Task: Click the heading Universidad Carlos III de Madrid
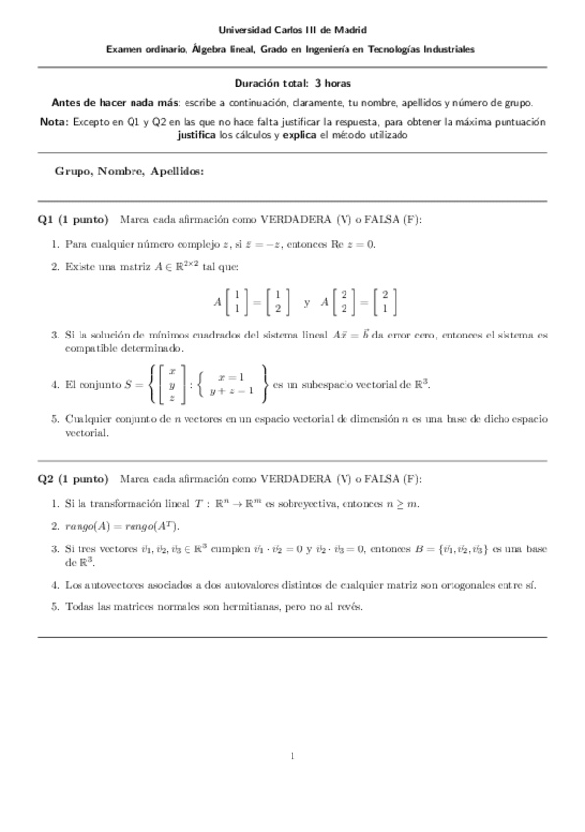click(x=292, y=31)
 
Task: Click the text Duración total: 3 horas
click(x=292, y=85)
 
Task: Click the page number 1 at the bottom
click(x=292, y=755)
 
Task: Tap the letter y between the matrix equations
click(x=307, y=302)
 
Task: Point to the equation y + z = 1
click(x=234, y=390)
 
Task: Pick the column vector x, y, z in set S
click(x=171, y=384)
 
